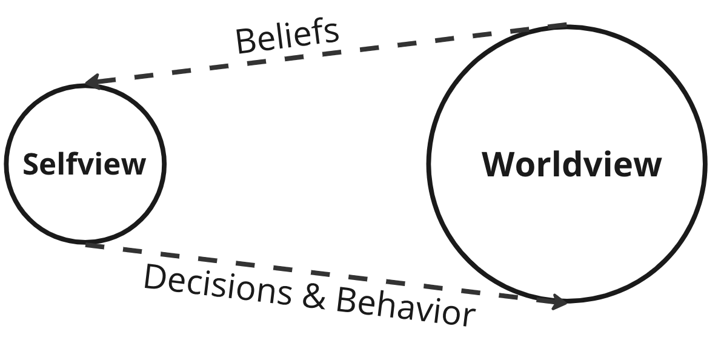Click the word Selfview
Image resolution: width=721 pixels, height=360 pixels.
pyautogui.click(x=84, y=164)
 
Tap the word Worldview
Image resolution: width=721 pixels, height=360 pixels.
pyautogui.click(x=571, y=164)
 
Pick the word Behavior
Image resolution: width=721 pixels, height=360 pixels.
pyautogui.click(x=405, y=308)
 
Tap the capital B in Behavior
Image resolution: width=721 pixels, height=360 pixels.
pyautogui.click(x=346, y=301)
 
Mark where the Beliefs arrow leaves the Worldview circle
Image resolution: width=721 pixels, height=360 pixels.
pyautogui.click(x=566, y=25)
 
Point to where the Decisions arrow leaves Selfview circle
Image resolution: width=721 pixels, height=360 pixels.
pyautogui.click(x=86, y=244)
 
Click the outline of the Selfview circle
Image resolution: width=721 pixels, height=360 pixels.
pyautogui.click(x=5, y=164)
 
